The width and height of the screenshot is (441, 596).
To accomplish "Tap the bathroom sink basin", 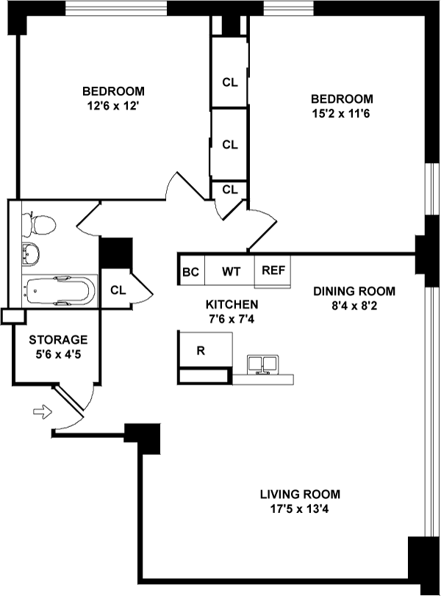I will [31, 254].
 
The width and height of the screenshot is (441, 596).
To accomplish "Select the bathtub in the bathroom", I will [59, 291].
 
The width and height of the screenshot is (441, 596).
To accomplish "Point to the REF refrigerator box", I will [273, 270].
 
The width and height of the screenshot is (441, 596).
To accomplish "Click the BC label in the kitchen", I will [191, 271].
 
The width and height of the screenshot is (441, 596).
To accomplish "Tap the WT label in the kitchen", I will [232, 271].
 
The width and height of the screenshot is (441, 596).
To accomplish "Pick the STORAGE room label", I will [58, 340].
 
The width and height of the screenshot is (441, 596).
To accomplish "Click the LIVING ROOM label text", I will [300, 495].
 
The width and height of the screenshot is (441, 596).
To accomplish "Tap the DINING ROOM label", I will [354, 290].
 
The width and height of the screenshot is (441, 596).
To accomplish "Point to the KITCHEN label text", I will [232, 304].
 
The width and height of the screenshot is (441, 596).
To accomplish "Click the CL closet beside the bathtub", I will [118, 290].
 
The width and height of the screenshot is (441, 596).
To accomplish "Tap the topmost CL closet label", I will [230, 82].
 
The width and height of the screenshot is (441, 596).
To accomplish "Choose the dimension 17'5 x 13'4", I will [300, 508].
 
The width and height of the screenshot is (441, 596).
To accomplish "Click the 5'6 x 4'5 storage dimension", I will [58, 353].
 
